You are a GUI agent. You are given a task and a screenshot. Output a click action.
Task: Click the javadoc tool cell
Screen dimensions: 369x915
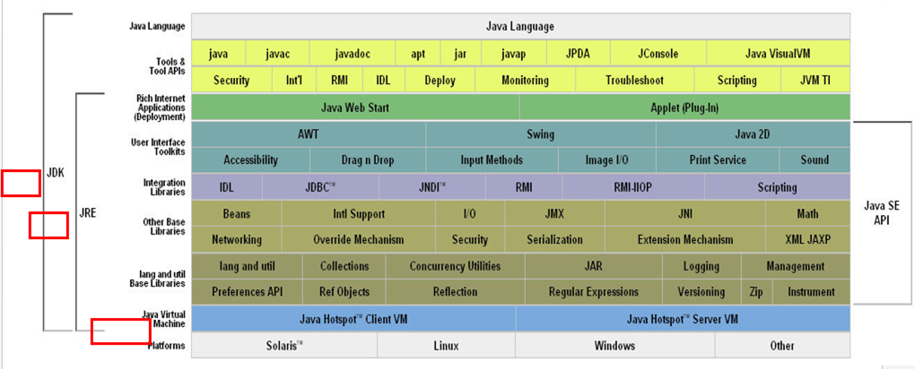pyautogui.click(x=352, y=54)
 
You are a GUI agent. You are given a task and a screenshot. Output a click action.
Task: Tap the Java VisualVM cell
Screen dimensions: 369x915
pyautogui.click(x=777, y=54)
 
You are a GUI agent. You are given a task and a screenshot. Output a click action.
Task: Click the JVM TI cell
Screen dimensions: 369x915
pyautogui.click(x=815, y=81)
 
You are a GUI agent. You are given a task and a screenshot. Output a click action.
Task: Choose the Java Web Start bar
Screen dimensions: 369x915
pyautogui.click(x=355, y=107)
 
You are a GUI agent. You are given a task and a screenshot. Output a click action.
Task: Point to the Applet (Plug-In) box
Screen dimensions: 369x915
pyautogui.click(x=684, y=107)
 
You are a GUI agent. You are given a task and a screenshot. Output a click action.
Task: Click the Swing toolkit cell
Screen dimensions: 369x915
pyautogui.click(x=540, y=134)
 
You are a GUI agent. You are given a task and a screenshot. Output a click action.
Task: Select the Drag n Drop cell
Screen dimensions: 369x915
pyautogui.click(x=367, y=160)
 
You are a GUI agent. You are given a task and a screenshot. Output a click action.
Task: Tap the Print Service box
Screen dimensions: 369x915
pyautogui.click(x=718, y=160)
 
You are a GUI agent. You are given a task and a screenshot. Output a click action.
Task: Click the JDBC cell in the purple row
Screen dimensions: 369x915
pyautogui.click(x=320, y=187)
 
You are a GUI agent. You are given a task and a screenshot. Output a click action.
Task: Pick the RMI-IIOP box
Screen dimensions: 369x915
pyautogui.click(x=633, y=187)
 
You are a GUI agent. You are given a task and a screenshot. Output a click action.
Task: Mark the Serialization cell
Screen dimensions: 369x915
pyautogui.click(x=554, y=240)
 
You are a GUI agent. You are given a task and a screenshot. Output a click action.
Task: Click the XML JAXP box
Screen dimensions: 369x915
pyautogui.click(x=807, y=240)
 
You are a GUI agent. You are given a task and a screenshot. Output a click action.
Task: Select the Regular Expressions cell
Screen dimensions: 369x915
pyautogui.click(x=594, y=292)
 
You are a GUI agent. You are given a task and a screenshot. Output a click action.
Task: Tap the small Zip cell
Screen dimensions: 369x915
pyautogui.click(x=755, y=292)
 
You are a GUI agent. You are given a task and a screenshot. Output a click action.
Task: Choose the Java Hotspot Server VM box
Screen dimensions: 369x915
pyautogui.click(x=682, y=319)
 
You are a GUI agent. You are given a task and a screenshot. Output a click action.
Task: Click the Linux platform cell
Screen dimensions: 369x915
pyautogui.click(x=446, y=346)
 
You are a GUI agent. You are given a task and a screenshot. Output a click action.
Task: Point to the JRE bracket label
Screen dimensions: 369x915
pyautogui.click(x=88, y=213)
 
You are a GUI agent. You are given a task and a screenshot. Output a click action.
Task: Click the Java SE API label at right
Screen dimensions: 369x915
pyautogui.click(x=881, y=213)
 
